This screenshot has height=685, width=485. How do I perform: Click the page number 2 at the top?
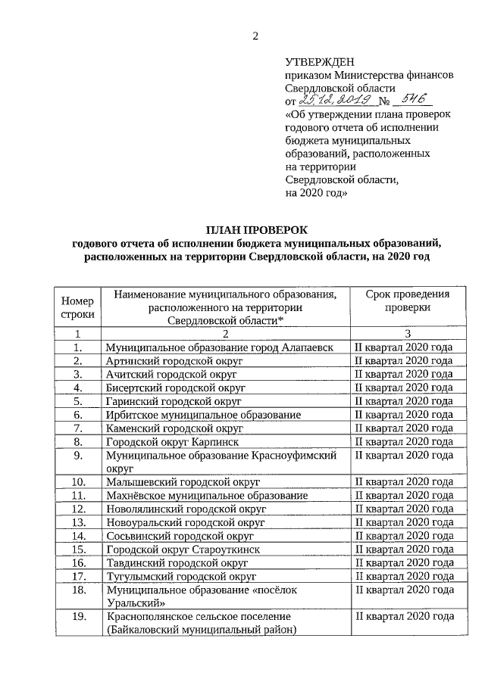pyautogui.click(x=255, y=36)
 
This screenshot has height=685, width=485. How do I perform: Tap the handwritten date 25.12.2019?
pyautogui.click(x=333, y=100)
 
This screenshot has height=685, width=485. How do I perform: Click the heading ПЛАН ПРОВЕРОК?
pyautogui.click(x=255, y=229)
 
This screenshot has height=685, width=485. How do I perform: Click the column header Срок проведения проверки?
pyautogui.click(x=406, y=301)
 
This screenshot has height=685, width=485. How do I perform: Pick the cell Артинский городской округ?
pyautogui.click(x=174, y=361)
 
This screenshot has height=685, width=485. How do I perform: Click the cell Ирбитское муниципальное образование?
pyautogui.click(x=203, y=415)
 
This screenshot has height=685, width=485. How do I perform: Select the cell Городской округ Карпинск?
pyautogui.click(x=174, y=441)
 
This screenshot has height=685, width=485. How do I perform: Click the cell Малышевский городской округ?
pyautogui.click(x=182, y=482)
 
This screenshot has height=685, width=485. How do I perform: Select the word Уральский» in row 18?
pyautogui.click(x=136, y=604)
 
